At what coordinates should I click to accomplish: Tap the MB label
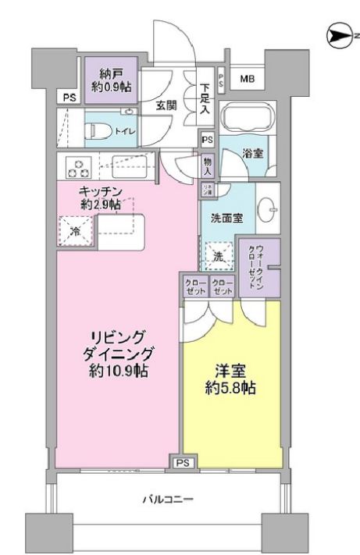pos(246,79)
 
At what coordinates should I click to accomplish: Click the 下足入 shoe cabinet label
pos(205,99)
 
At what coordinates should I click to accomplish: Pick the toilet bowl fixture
pos(98,130)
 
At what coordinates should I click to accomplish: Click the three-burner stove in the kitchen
pos(79,167)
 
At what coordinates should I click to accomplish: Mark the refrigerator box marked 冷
pos(76,230)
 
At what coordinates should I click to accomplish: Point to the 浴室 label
pos(251,153)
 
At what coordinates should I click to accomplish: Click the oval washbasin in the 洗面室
pos(269,208)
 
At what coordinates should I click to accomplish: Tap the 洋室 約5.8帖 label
pos(231,379)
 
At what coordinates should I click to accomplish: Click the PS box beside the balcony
pos(182,463)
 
